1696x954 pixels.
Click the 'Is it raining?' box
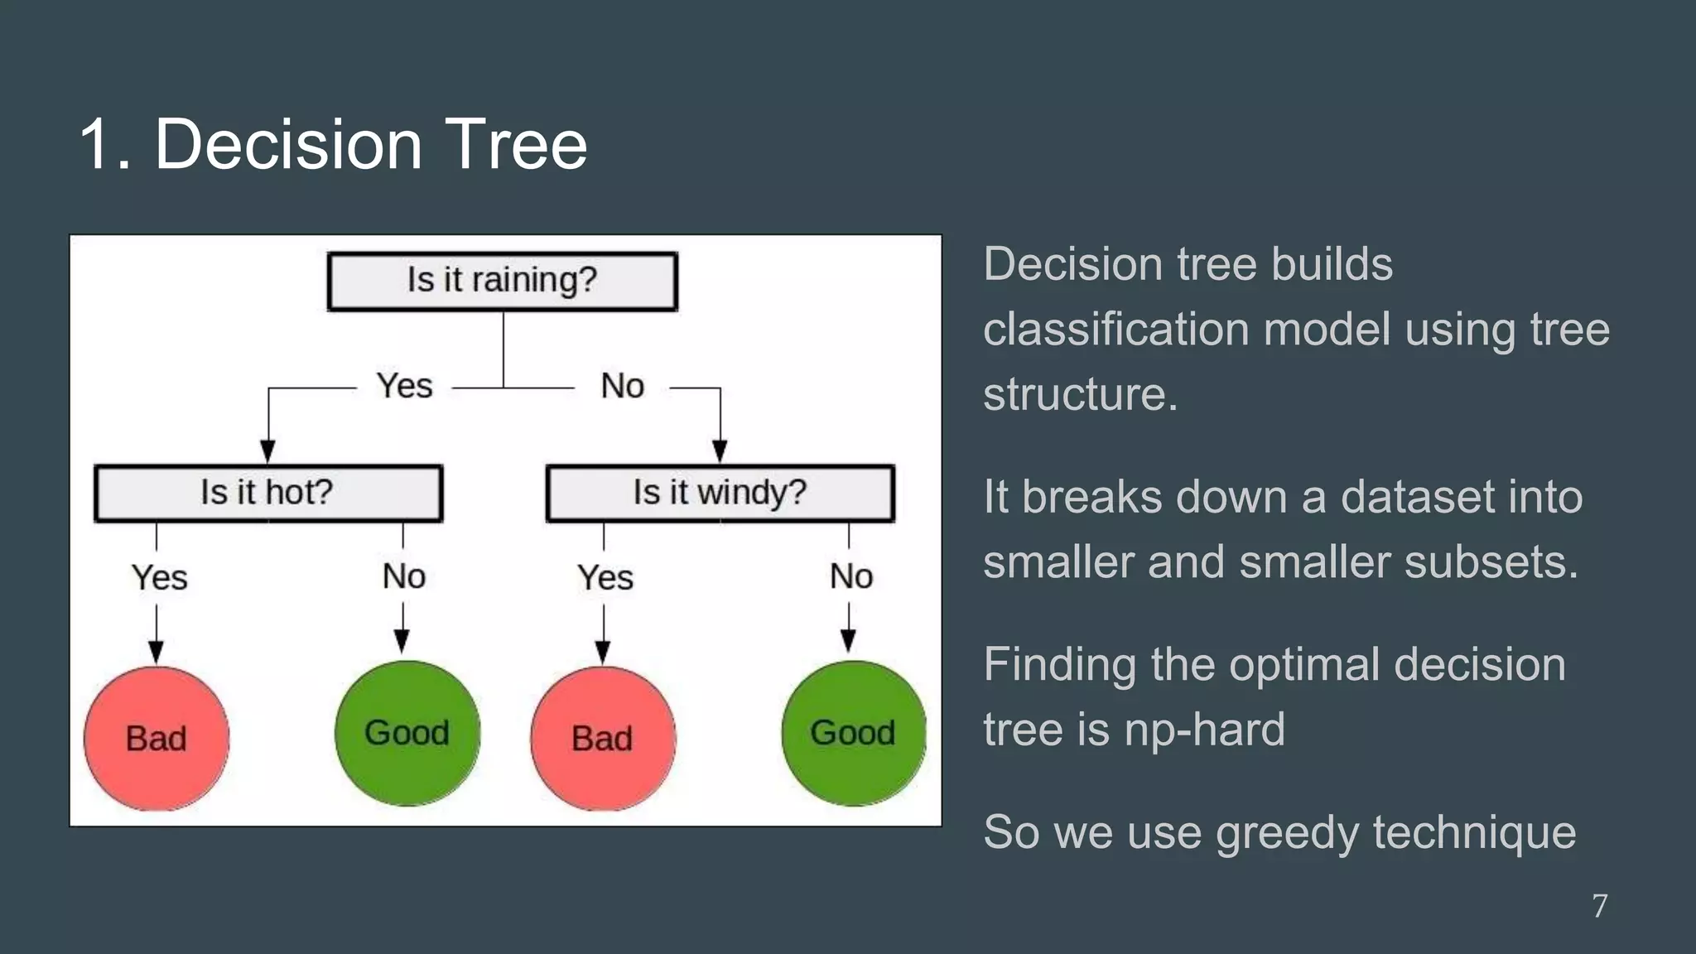coord(503,282)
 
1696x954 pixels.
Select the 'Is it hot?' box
coord(268,494)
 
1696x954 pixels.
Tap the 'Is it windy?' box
coord(720,494)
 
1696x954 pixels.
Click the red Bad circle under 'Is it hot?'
coord(157,738)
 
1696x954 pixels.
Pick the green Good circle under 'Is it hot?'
coord(407,733)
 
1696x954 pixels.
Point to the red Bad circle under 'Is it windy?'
coord(603,738)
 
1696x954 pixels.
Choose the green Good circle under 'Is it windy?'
coord(853,733)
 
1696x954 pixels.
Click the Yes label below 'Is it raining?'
coord(404,386)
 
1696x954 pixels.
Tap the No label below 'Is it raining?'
coord(622,386)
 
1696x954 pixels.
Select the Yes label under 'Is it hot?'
coord(159,577)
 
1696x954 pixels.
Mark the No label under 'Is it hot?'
coord(404,576)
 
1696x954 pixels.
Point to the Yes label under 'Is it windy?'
coord(605,577)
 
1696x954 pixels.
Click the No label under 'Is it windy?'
coord(851,576)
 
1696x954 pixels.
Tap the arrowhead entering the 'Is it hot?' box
coord(267,452)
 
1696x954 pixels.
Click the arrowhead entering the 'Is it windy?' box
coord(720,452)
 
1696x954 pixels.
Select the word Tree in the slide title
coord(515,144)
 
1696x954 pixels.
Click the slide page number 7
coord(1600,906)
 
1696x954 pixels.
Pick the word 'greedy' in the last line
coord(1287,833)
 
